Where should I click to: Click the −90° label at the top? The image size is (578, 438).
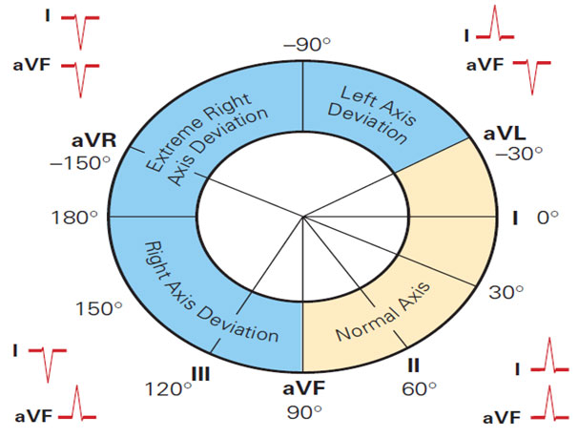click(302, 45)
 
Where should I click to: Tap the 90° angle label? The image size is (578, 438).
click(302, 412)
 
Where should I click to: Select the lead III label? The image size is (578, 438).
click(200, 371)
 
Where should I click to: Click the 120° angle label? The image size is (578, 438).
click(161, 389)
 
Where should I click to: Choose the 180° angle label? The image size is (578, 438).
click(74, 218)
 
